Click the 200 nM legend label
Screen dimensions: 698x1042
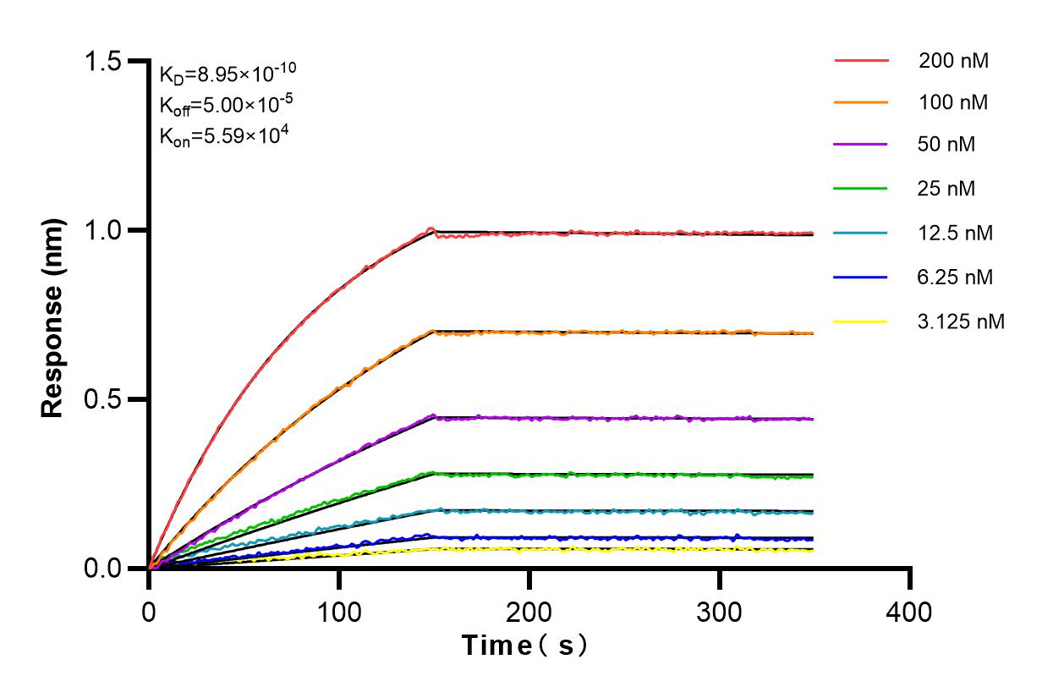(x=954, y=61)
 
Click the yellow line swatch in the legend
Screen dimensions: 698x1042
(x=861, y=322)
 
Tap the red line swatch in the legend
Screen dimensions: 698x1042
(x=861, y=61)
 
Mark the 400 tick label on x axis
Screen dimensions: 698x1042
(x=910, y=610)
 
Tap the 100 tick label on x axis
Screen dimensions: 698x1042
(x=339, y=610)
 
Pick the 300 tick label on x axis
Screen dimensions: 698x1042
(x=720, y=610)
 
